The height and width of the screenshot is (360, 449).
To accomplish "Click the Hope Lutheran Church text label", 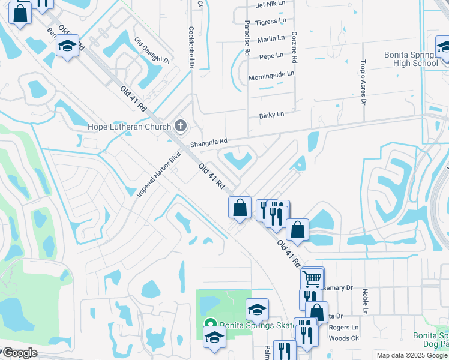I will click(128, 127).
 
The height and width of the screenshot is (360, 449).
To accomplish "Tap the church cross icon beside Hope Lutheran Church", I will click(180, 126).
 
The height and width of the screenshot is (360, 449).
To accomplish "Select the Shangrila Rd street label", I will click(209, 143).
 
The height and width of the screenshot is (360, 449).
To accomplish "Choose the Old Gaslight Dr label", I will click(152, 51).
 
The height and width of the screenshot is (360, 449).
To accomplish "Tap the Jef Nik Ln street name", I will click(269, 5).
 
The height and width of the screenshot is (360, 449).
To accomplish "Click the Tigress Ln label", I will click(271, 22).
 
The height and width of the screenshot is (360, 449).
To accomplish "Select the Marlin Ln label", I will click(270, 38).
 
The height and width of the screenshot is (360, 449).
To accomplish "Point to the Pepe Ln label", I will click(271, 56).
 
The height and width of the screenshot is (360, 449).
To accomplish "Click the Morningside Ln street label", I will click(271, 74).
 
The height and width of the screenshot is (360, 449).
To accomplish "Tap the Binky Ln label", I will click(271, 115).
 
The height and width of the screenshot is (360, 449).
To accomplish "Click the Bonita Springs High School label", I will click(411, 59).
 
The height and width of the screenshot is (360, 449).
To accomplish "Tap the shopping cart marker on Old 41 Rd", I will click(312, 278).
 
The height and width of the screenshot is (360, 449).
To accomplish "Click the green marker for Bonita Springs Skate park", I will click(211, 325).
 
